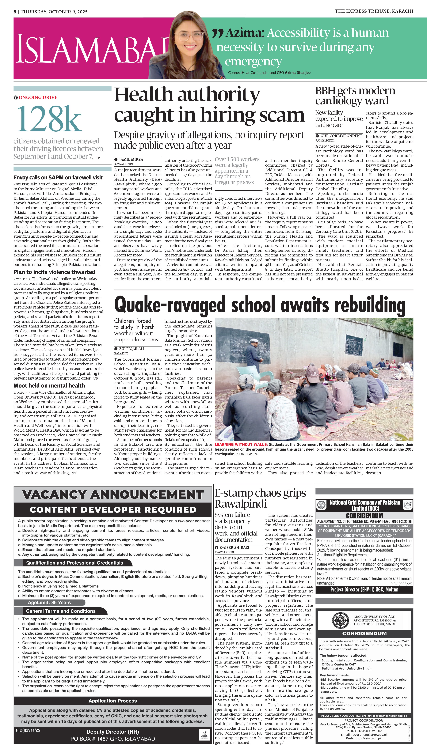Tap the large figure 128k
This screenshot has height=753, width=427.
tap(49, 119)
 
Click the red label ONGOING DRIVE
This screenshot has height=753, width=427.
tap(38, 97)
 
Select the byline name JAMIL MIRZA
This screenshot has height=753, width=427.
tap(131, 159)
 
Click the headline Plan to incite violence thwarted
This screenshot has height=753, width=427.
tap(54, 272)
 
